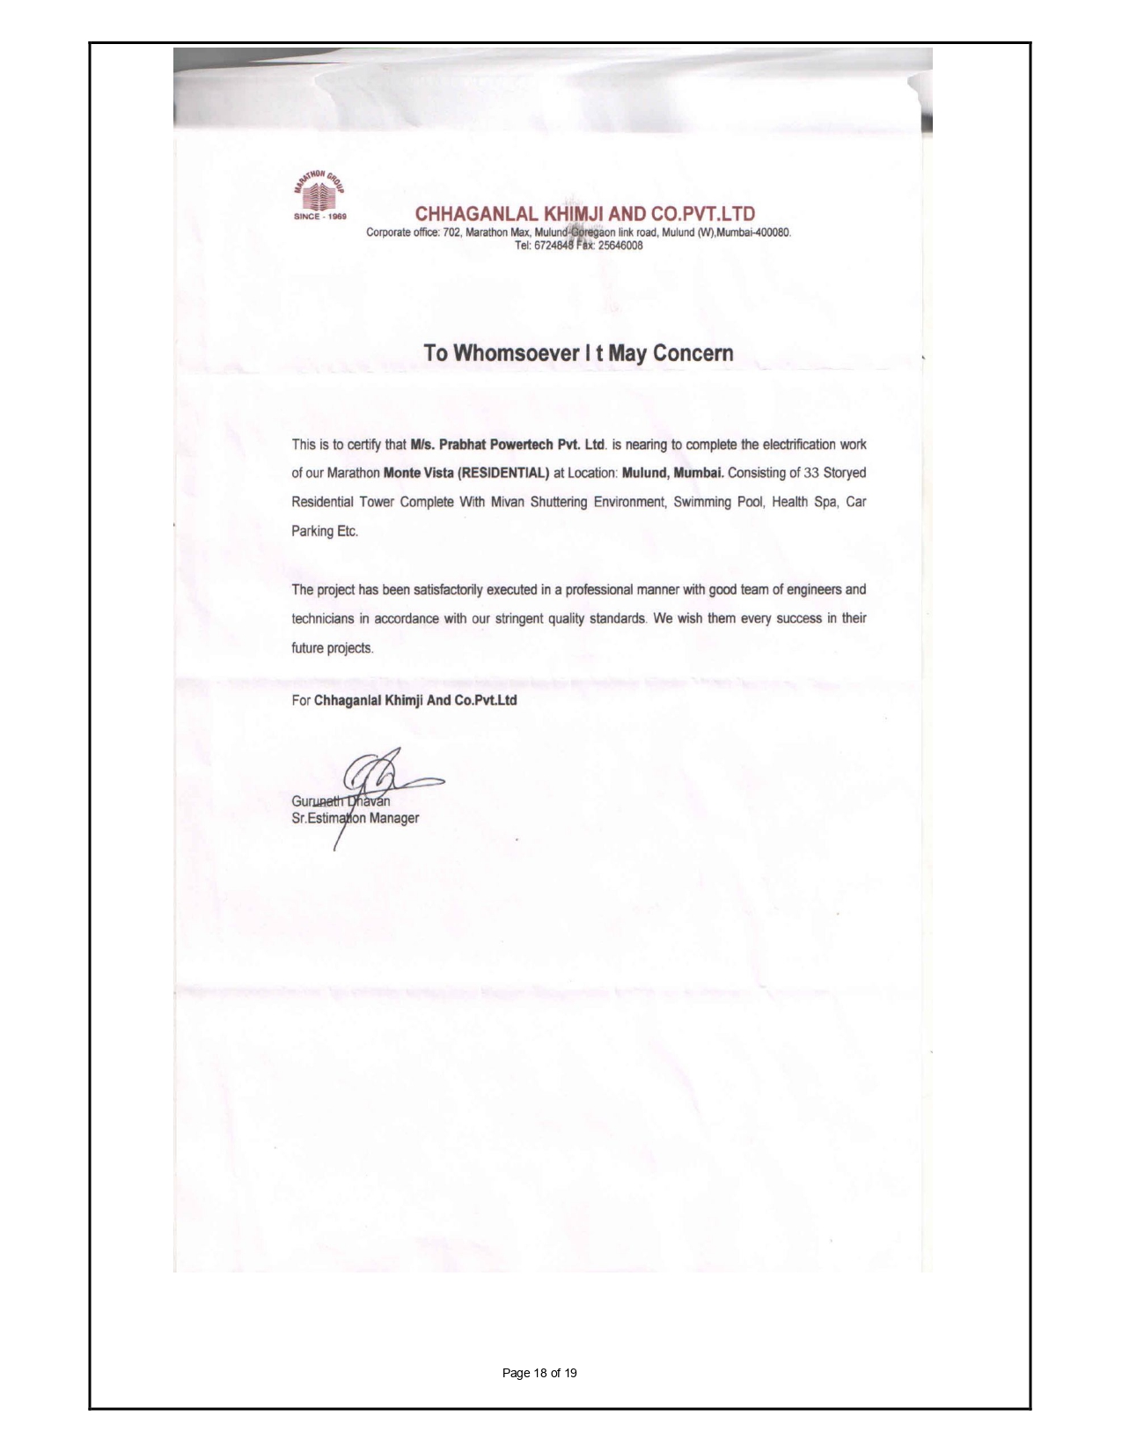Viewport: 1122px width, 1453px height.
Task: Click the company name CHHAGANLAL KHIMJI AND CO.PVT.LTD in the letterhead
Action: (x=585, y=214)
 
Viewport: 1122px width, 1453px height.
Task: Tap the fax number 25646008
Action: (x=620, y=246)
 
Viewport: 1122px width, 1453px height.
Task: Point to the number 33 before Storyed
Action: (x=811, y=473)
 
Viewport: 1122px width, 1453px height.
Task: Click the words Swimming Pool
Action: (x=711, y=502)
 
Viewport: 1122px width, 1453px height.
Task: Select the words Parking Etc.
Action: (x=325, y=531)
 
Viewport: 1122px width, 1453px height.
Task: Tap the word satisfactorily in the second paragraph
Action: (x=436, y=589)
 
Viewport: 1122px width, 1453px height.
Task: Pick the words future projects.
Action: (x=333, y=648)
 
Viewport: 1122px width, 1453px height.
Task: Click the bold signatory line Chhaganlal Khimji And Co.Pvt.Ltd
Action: (x=415, y=701)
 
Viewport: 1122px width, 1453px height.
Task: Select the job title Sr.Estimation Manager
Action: (x=355, y=818)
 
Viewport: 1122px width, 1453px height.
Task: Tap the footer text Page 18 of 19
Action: (x=539, y=1373)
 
